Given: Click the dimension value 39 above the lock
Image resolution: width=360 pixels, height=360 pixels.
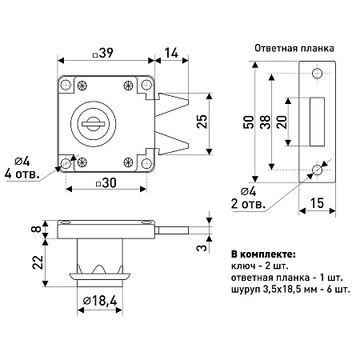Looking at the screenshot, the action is (106, 53).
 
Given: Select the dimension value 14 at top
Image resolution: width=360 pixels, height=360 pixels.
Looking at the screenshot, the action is (171, 53).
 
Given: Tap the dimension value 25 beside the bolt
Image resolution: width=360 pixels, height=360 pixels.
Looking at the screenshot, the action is (202, 122).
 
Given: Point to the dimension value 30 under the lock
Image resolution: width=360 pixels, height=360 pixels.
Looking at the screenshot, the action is (109, 183).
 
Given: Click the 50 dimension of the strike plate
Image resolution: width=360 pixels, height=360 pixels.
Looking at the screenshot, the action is (249, 122).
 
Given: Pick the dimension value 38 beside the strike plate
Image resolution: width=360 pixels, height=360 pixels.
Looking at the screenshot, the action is (266, 122).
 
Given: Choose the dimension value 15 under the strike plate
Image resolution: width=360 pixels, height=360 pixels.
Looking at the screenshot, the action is (317, 203).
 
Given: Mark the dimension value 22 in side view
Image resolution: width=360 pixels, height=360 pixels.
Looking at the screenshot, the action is (38, 262).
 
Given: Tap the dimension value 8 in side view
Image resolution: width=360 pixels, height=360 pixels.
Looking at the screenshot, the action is (38, 229).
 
